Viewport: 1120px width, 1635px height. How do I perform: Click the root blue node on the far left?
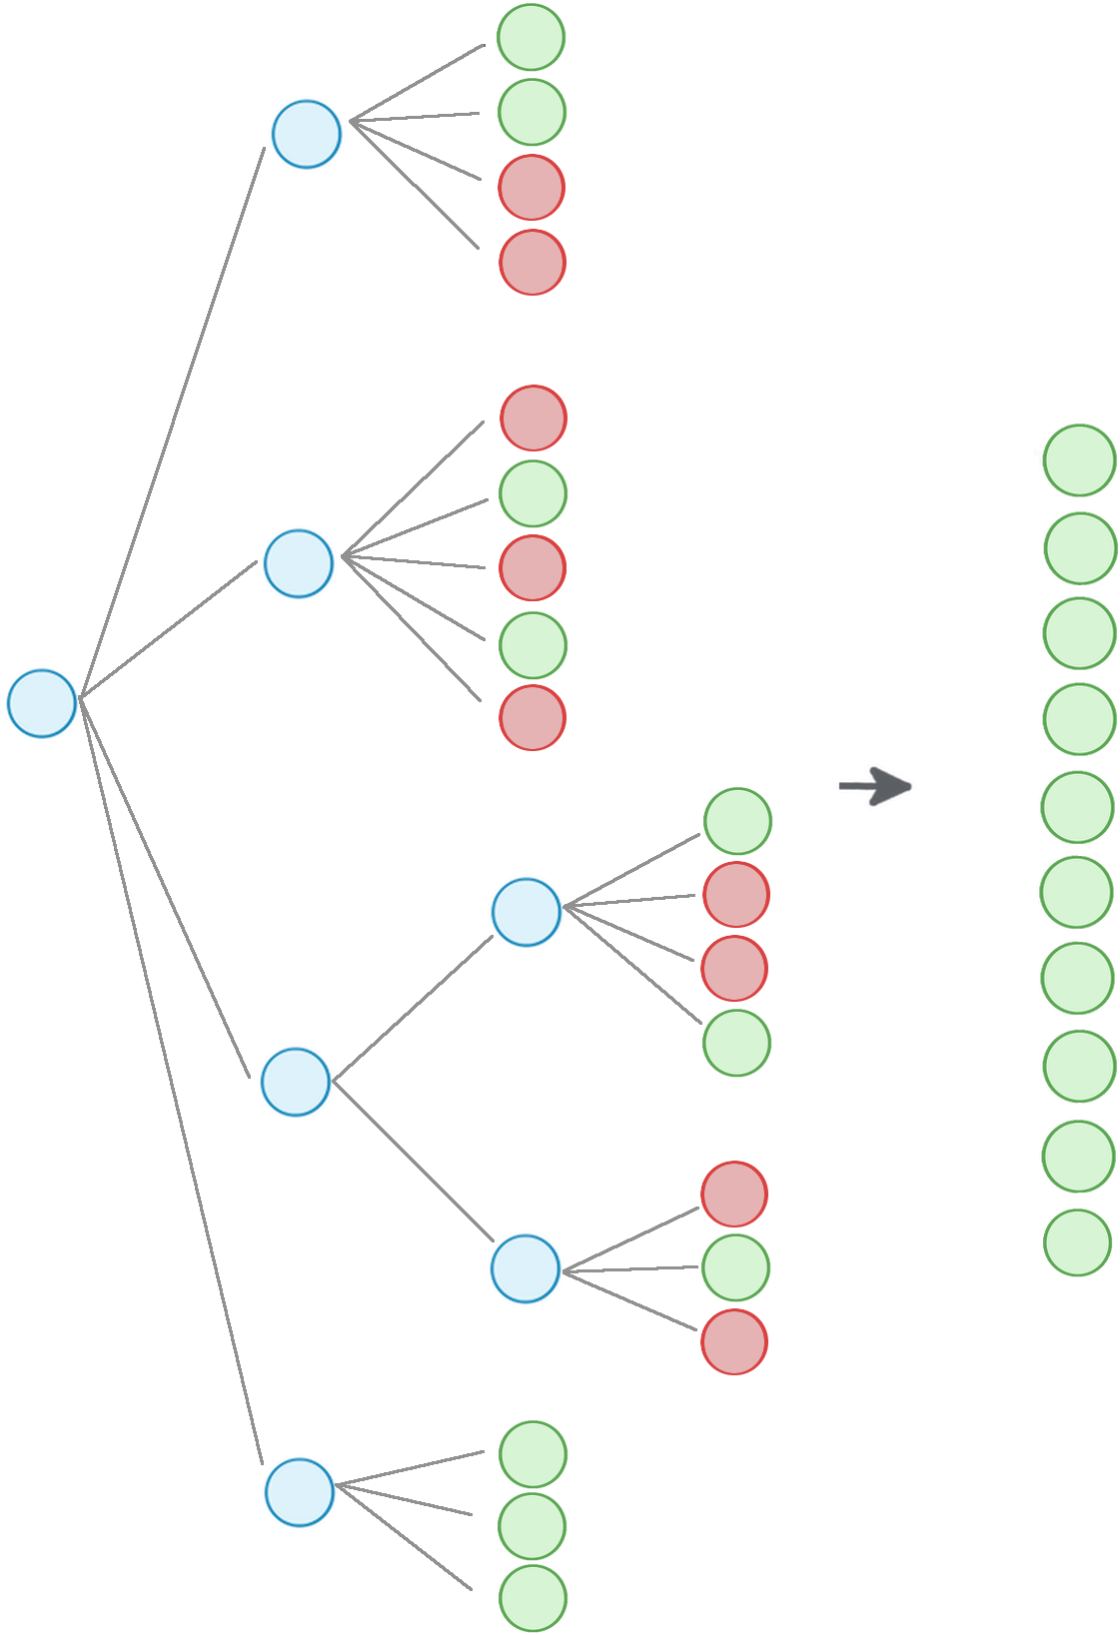42,703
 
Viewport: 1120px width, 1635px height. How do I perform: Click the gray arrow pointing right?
876,787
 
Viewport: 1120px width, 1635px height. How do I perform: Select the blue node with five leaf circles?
298,563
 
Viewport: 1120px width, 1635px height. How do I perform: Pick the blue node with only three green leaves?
299,1491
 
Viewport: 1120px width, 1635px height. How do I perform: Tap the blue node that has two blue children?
295,1082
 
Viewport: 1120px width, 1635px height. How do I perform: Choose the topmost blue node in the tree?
307,134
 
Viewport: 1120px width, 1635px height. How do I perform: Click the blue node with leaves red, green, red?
525,1267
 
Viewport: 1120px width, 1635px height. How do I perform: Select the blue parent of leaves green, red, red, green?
527,912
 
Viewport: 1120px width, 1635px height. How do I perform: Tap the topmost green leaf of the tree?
532,38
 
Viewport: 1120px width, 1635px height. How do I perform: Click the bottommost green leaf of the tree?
533,1599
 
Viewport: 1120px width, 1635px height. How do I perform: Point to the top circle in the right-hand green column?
1079,460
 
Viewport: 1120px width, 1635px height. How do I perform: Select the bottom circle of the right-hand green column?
1078,1243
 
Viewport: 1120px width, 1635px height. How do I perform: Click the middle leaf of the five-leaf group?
533,568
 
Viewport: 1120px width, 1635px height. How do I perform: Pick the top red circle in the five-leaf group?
533,418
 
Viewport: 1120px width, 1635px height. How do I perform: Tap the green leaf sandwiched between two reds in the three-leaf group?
736,1268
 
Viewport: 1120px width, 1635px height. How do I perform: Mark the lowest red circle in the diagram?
734,1342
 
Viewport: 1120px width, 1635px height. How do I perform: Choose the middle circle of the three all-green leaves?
533,1526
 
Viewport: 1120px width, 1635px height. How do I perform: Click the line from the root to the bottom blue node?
170,1080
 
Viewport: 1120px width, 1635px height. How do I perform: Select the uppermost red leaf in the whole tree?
532,188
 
